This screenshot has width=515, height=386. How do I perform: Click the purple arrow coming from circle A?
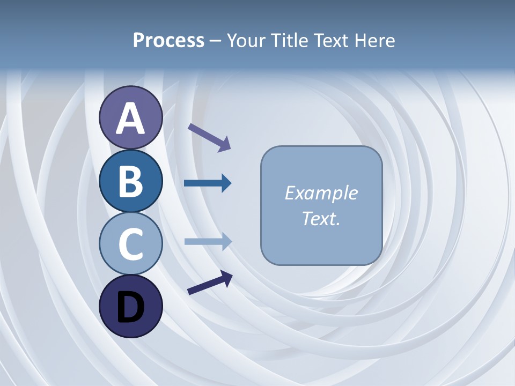[209, 137]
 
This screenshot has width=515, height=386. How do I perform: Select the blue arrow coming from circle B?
[208, 183]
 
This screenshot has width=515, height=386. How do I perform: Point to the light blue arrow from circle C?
[208, 242]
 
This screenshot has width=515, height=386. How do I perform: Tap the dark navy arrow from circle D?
[210, 283]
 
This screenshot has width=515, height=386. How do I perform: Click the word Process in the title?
[168, 41]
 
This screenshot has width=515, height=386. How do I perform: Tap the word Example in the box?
[321, 193]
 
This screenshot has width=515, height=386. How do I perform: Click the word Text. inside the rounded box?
[321, 218]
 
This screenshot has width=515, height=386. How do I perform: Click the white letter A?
[130, 118]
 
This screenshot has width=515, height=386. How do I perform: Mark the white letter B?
[130, 181]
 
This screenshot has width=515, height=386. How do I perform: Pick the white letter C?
[130, 244]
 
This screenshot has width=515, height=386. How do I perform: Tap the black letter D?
[130, 307]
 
